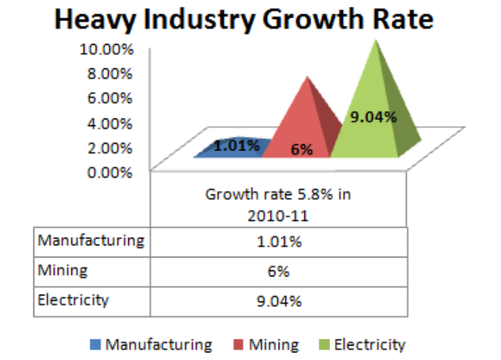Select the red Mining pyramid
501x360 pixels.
tap(304, 114)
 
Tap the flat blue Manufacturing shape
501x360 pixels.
tap(228, 149)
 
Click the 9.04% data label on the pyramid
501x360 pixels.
tap(373, 117)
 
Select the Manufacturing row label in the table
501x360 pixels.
tap(90, 241)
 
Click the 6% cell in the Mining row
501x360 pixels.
tap(279, 271)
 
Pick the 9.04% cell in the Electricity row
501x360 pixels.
tap(279, 300)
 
